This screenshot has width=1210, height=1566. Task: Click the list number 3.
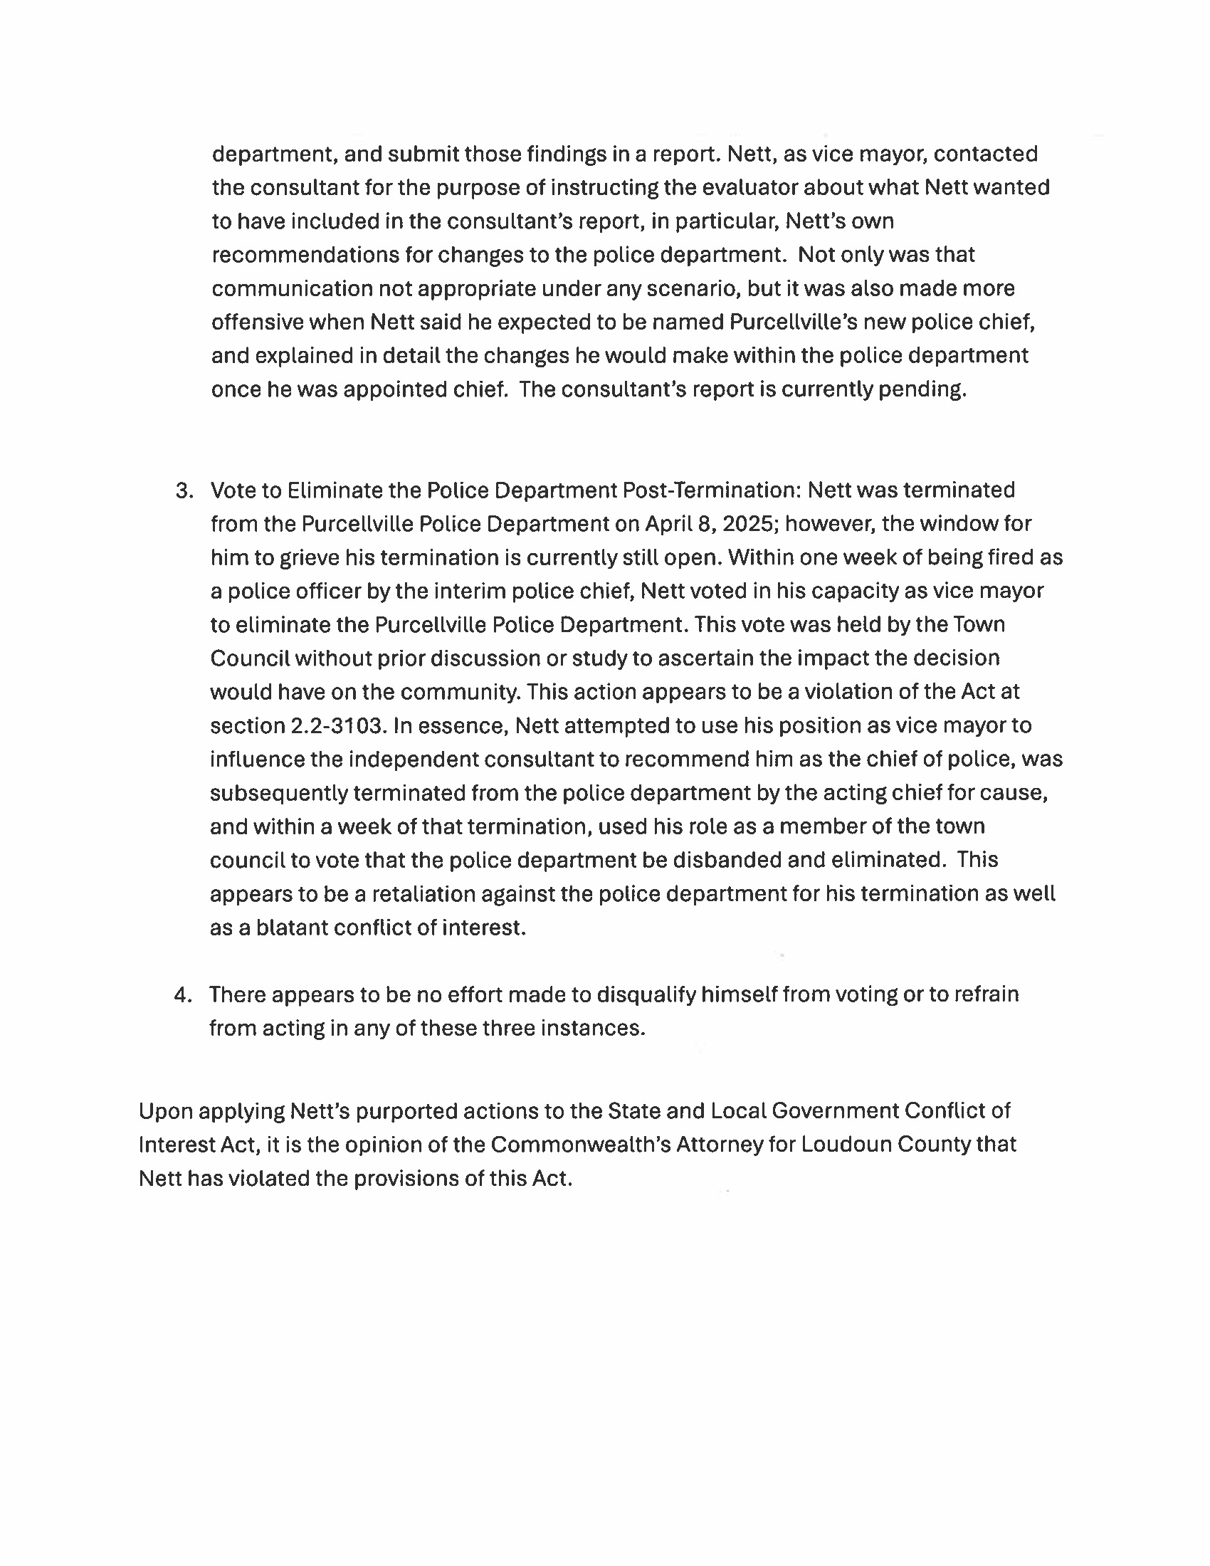[184, 490]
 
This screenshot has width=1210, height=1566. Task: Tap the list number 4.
[183, 994]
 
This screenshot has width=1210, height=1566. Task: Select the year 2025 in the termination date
[749, 524]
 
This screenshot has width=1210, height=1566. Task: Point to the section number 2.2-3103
[335, 725]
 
